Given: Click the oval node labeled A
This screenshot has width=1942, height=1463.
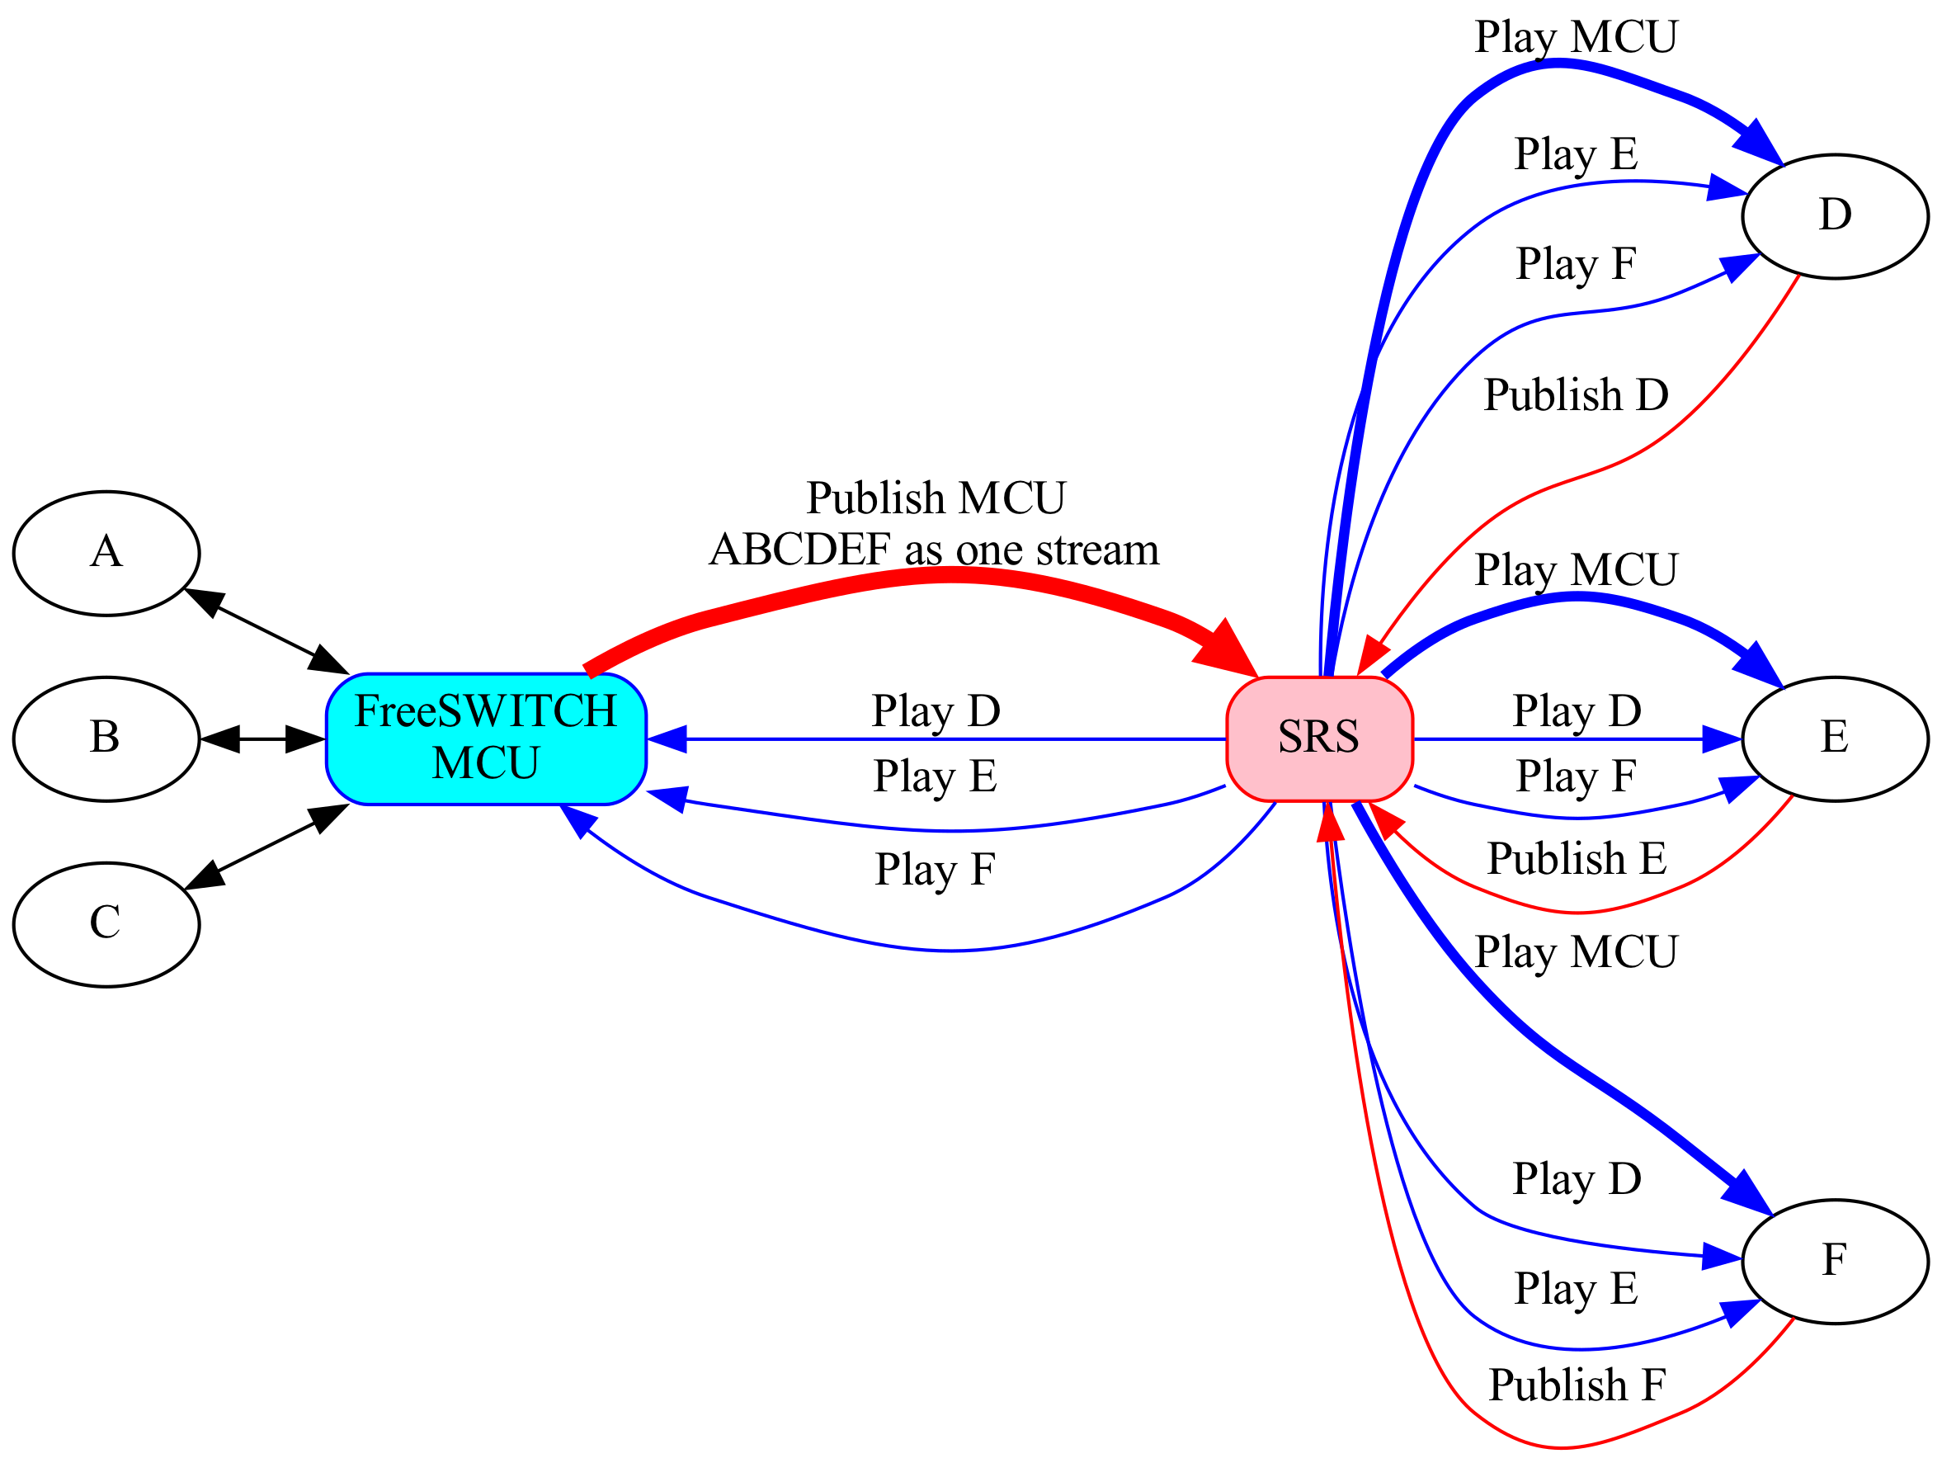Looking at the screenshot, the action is pyautogui.click(x=106, y=553).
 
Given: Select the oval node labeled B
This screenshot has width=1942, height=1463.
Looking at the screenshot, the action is pyautogui.click(x=106, y=739).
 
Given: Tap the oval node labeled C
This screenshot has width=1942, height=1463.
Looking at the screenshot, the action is pyautogui.click(x=106, y=925).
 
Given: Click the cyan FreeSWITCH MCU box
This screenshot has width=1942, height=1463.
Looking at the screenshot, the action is pyautogui.click(x=485, y=739).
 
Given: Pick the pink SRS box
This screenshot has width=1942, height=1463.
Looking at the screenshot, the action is pyautogui.click(x=1318, y=739).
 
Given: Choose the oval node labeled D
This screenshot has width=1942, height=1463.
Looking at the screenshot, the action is pyautogui.click(x=1834, y=217).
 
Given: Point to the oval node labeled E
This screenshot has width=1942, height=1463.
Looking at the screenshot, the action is pyautogui.click(x=1834, y=739).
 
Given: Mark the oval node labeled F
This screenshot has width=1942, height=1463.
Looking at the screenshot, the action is pyautogui.click(x=1834, y=1261).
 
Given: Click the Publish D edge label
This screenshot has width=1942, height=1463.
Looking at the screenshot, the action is pyautogui.click(x=1576, y=395).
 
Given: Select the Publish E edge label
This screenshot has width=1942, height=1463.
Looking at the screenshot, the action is pyautogui.click(x=1576, y=859).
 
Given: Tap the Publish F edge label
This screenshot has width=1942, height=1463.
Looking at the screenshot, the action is pyautogui.click(x=1576, y=1385).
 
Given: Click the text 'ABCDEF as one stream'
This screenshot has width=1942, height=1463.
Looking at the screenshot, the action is pyautogui.click(x=934, y=550).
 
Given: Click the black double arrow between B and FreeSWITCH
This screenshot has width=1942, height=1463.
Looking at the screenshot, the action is pyautogui.click(x=262, y=739).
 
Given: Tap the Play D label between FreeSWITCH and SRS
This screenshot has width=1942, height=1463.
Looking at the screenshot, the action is pyautogui.click(x=936, y=711).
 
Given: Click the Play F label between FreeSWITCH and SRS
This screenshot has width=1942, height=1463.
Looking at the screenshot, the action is pyautogui.click(x=936, y=871).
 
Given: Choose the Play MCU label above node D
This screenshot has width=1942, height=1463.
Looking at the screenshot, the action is pyautogui.click(x=1576, y=38).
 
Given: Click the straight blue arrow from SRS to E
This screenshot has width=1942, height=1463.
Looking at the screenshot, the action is pyautogui.click(x=1577, y=739).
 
